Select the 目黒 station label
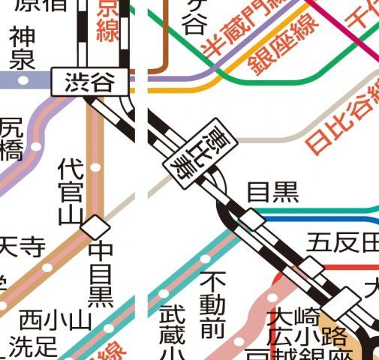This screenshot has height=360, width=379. (273, 193)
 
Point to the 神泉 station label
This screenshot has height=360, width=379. (21, 46)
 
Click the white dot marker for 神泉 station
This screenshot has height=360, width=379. (23, 79)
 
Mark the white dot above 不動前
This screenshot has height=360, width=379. (206, 257)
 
